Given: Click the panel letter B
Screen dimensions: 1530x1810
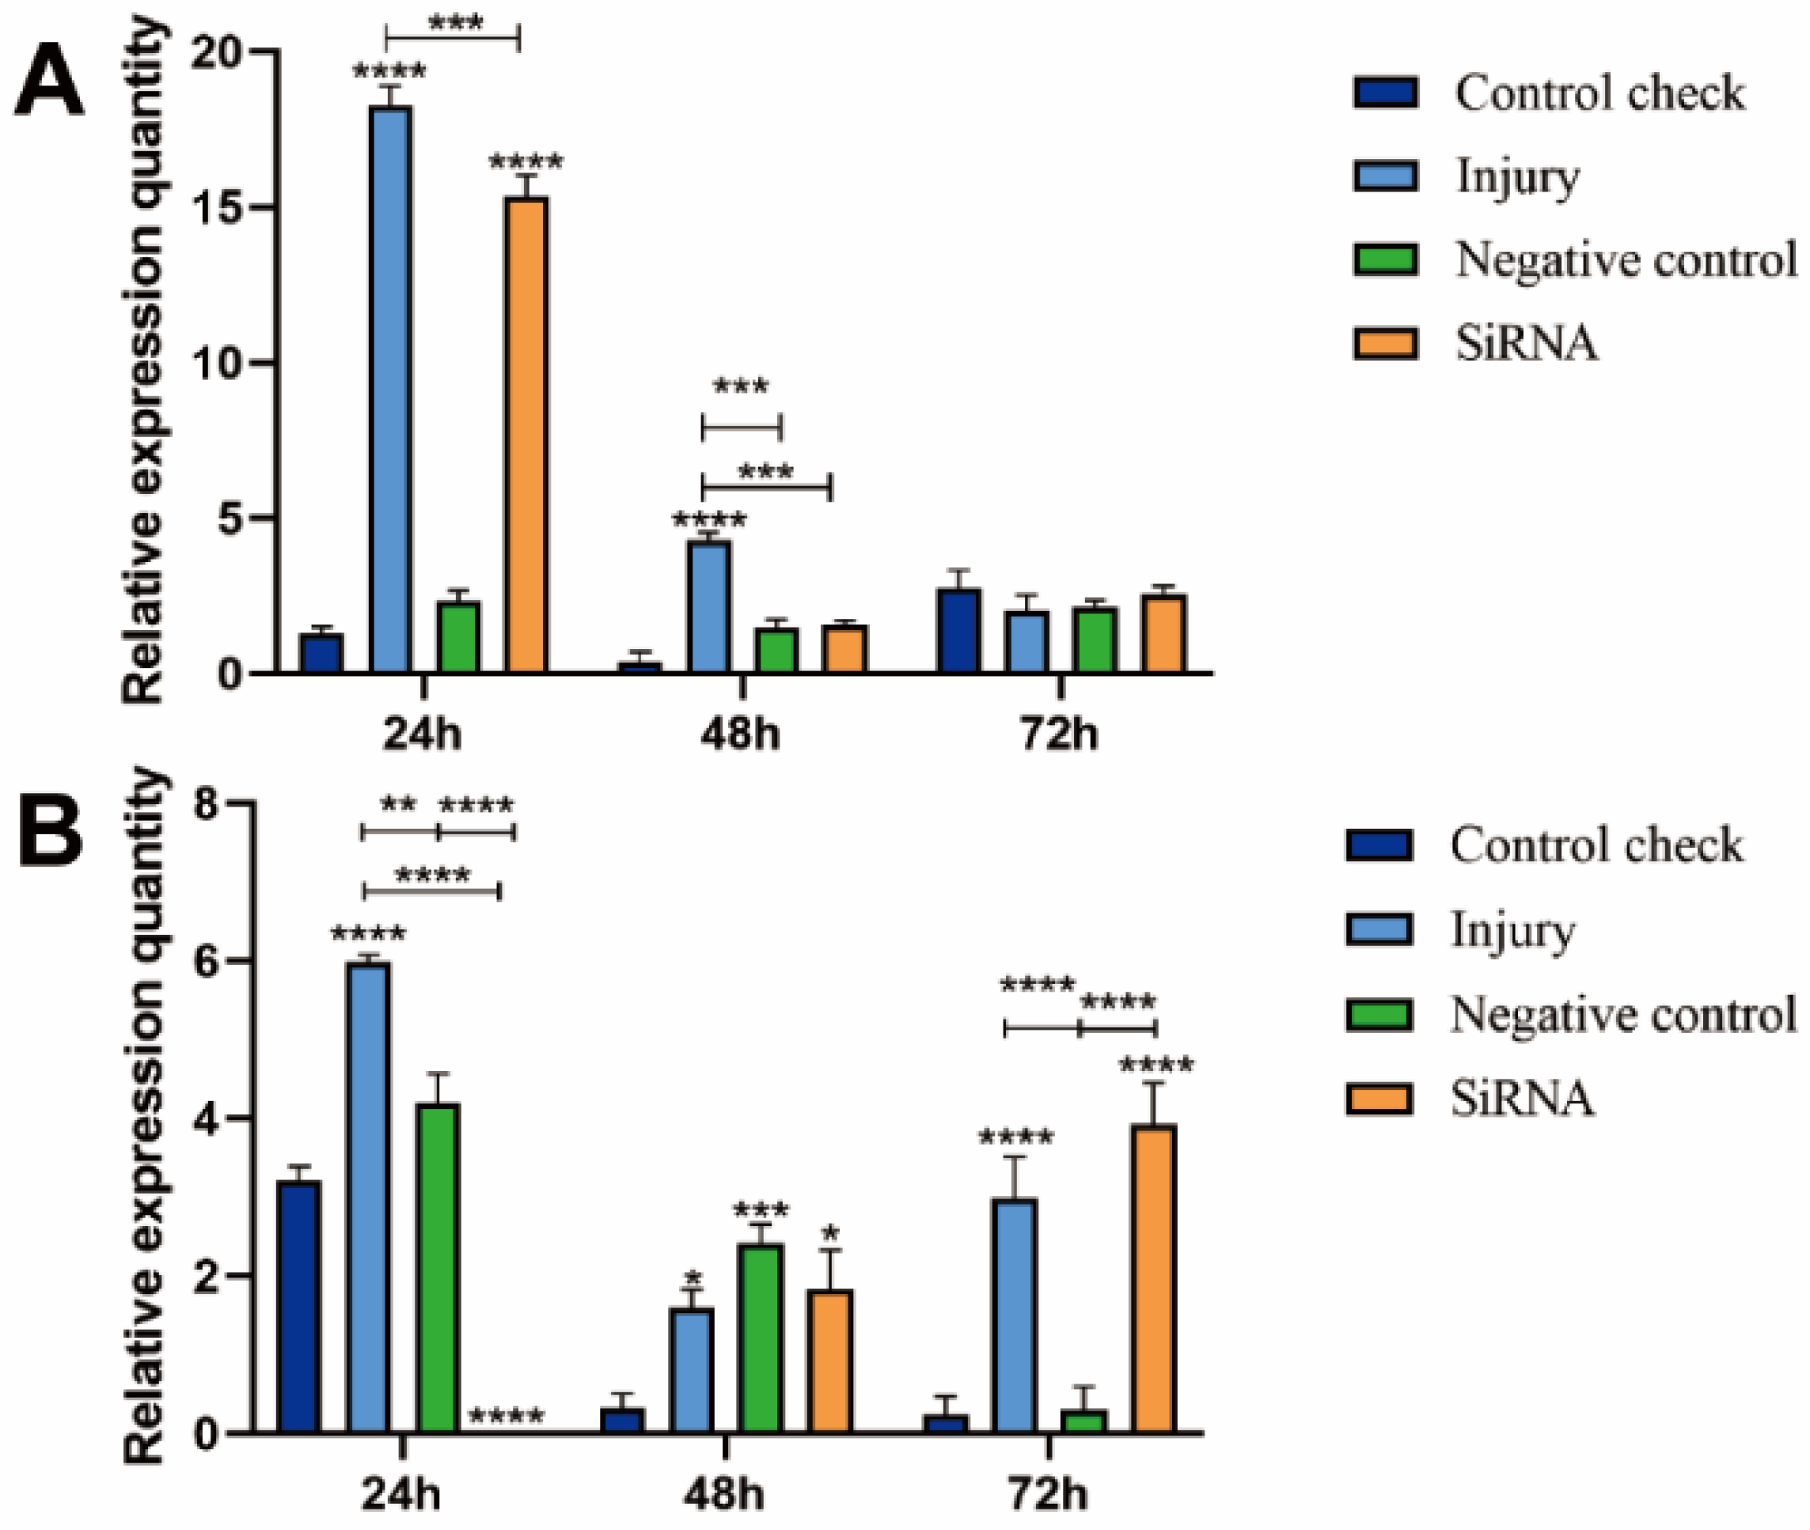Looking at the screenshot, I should [x=51, y=833].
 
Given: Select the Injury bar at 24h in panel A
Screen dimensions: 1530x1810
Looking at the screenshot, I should [x=390, y=390].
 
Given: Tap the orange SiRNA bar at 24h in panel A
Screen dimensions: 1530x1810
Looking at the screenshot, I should [x=526, y=434].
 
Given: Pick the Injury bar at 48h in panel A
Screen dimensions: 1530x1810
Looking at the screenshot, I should [x=709, y=607].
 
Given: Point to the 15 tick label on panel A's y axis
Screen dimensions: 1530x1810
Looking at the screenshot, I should [x=217, y=208].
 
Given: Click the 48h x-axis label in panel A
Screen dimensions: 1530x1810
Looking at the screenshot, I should [x=740, y=734].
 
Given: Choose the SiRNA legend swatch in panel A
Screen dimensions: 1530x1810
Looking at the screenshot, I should [x=1385, y=343].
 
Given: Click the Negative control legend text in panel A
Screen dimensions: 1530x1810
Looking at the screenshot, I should [x=1626, y=260].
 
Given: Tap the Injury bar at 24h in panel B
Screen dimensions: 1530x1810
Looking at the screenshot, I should [x=367, y=1197].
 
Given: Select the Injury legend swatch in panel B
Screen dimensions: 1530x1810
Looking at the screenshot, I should [x=1379, y=930].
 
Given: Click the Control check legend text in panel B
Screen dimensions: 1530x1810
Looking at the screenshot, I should [x=1596, y=845].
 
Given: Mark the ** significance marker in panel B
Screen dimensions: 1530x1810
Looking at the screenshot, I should [x=398, y=804].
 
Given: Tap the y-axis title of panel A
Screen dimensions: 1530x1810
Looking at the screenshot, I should [x=143, y=360].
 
